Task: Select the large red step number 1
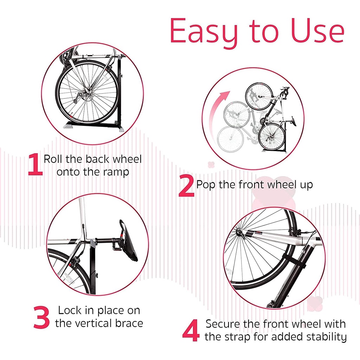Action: (35, 165)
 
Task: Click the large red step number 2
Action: (186, 187)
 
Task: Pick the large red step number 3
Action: (42, 317)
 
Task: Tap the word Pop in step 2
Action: (206, 185)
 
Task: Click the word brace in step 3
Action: (129, 323)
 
